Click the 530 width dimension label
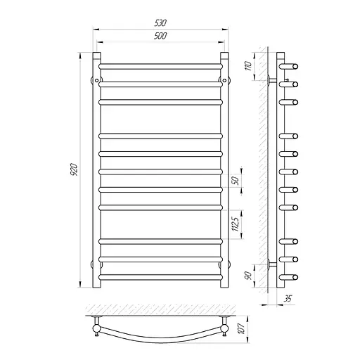coord(160,23)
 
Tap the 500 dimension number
coord(160,36)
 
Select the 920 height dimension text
coord(74,169)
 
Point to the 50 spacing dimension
coord(236,181)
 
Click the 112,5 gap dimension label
coord(236,224)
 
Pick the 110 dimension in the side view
coord(248,66)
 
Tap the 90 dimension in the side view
coord(249,276)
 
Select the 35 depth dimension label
coord(288,299)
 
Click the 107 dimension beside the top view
coord(242,328)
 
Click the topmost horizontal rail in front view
coord(160,66)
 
